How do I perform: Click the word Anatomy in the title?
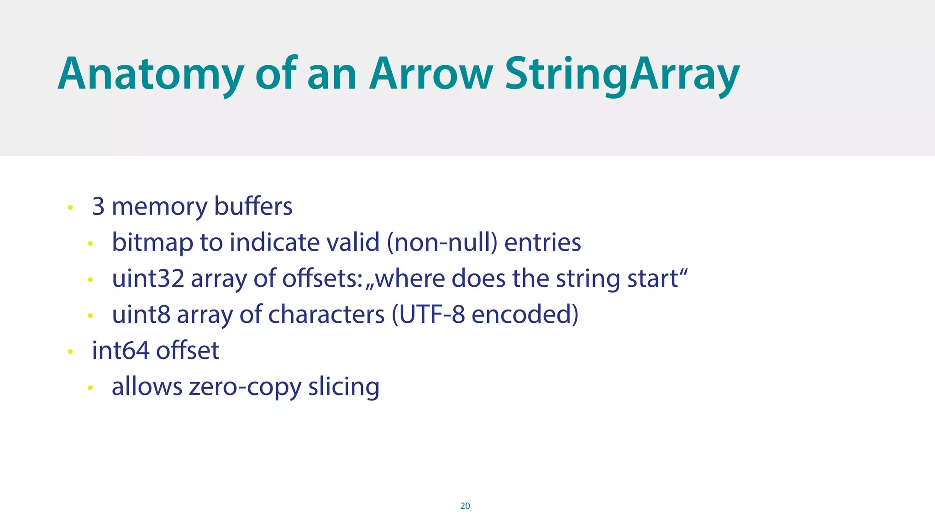(151, 74)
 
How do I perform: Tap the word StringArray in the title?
(622, 74)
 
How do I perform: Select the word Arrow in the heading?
(431, 74)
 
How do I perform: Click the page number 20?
(465, 505)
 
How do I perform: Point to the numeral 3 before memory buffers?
(98, 206)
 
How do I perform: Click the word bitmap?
(152, 242)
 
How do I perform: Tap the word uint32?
(148, 278)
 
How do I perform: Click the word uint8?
(141, 314)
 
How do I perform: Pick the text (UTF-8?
(428, 314)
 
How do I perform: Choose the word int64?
(121, 350)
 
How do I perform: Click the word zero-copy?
(245, 387)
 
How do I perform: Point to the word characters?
(326, 314)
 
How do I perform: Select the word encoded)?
(525, 314)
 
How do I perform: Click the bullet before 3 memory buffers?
(70, 208)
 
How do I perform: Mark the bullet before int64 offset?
(70, 352)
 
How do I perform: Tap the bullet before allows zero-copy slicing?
(90, 388)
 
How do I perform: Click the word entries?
(542, 242)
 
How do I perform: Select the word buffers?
(253, 206)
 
